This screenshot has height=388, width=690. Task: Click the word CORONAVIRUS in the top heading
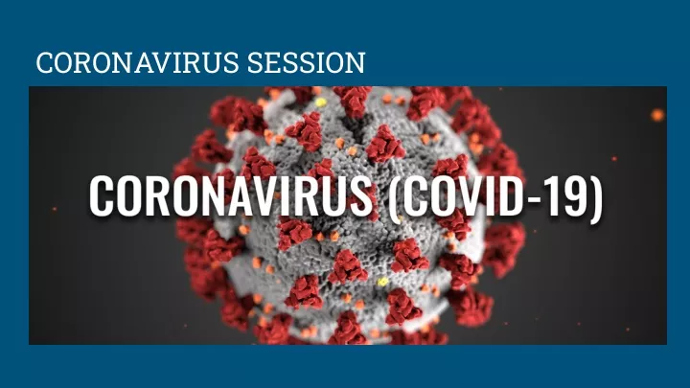coord(137,62)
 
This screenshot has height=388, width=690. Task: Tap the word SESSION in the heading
coord(306,62)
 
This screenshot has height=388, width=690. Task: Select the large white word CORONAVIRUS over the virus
coord(232,195)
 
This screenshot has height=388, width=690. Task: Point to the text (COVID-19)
coord(496,196)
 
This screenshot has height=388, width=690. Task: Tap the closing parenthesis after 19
coord(596,198)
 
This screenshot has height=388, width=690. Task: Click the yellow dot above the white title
coord(321,103)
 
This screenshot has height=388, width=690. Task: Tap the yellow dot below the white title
coord(382,282)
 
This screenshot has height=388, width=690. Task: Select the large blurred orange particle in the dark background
coord(657,115)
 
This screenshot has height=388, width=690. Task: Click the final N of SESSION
coord(356,62)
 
